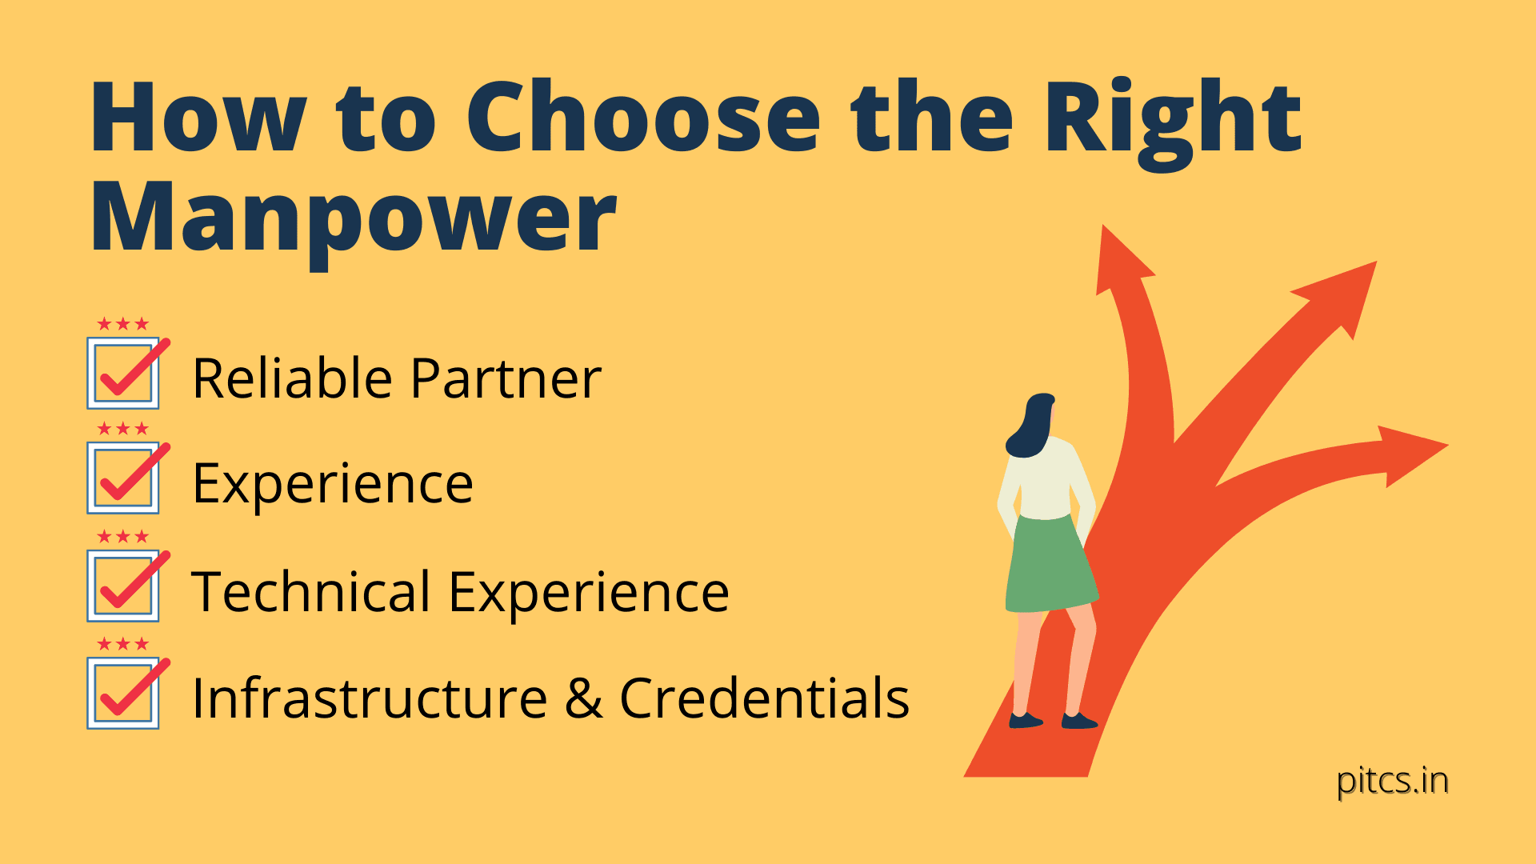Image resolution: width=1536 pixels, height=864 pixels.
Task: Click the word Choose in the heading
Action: click(642, 118)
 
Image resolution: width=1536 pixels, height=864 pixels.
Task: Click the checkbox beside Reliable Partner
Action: click(123, 374)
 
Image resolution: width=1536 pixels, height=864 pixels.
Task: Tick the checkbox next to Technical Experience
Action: click(123, 586)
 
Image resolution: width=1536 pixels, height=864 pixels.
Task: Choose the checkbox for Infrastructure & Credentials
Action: click(123, 693)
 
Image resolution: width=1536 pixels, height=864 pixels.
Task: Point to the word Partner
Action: click(506, 378)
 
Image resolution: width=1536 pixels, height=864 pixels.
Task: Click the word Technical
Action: click(311, 592)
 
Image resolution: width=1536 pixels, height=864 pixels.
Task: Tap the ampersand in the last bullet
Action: click(583, 698)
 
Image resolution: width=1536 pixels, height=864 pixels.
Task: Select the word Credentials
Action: click(764, 698)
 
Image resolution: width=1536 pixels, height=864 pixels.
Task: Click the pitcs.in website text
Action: click(1392, 781)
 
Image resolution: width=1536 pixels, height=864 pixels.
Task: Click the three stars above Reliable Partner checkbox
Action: click(123, 324)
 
